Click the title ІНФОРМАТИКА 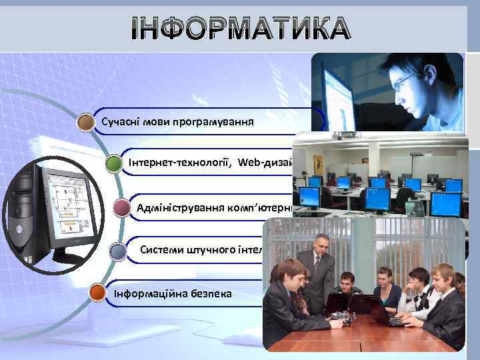(240, 29)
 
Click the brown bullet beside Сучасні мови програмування (85, 122)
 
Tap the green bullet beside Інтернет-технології (114, 164)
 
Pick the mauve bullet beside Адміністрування (122, 209)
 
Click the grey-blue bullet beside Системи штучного (118, 251)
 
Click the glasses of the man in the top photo (405, 81)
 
